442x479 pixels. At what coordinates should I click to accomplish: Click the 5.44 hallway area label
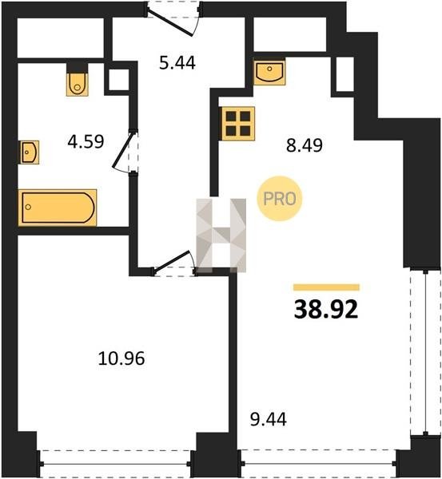177,63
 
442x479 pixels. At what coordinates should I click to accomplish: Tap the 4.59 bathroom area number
86,142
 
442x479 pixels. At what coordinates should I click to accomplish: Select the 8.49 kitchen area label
305,145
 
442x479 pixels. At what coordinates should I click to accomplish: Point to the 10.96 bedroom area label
121,358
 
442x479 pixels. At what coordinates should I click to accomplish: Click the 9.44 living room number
269,419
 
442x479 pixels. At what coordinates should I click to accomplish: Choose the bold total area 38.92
326,309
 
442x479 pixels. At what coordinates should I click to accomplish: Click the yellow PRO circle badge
280,199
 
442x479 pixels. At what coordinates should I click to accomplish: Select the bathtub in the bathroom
58,208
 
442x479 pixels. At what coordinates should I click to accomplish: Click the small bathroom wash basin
30,152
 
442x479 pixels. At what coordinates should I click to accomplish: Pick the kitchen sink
269,72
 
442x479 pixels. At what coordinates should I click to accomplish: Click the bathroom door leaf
123,150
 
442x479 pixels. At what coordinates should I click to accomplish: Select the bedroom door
173,260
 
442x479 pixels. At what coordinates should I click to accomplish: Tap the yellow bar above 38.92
326,287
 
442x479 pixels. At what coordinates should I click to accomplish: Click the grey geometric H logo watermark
221,236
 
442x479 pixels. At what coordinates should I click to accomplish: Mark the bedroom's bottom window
115,464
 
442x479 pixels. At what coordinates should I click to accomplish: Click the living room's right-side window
425,351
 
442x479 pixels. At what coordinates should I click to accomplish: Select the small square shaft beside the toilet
118,80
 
